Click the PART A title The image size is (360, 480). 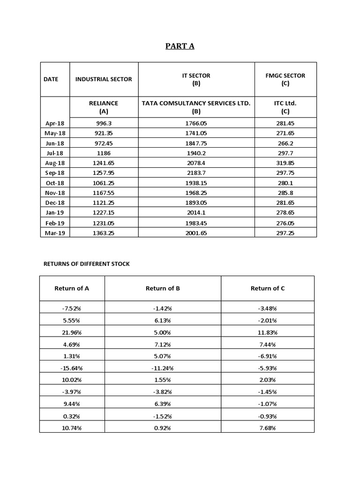tap(180, 46)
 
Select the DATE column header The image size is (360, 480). tap(51, 79)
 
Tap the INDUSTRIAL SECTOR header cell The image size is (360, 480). tap(104, 79)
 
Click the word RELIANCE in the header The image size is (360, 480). tap(104, 103)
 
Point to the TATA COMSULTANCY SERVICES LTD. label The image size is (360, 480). tap(196, 103)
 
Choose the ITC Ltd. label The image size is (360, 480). tap(285, 103)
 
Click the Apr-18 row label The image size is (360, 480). tap(55, 123)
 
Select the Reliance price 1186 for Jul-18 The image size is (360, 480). tap(104, 153)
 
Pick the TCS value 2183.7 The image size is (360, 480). tap(196, 173)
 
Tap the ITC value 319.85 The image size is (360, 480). tap(285, 163)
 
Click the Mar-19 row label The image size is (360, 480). tap(55, 233)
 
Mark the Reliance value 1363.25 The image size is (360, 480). tap(104, 233)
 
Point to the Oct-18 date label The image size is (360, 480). tap(55, 183)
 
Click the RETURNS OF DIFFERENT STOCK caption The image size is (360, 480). tap(87, 264)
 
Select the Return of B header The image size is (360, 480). tap(163, 288)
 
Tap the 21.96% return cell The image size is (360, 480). tap(72, 332)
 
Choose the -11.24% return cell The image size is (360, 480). tap(163, 368)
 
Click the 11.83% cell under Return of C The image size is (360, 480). tap(268, 332)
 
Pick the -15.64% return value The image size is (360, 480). tap(72, 368)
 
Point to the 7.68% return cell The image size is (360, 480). tap(268, 428)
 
